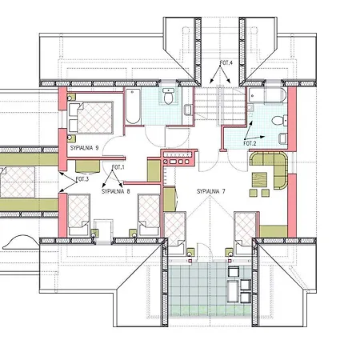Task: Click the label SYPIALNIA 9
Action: (84, 148)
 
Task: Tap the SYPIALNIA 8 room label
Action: (116, 191)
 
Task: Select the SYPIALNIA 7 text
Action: (211, 191)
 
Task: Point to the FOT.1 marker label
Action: (118, 167)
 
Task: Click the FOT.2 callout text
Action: (250, 143)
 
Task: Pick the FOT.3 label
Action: (82, 179)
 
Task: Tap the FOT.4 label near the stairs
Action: (226, 63)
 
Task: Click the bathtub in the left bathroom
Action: (133, 106)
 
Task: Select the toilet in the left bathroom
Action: (169, 96)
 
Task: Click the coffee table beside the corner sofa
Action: (259, 179)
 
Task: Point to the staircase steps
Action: (220, 105)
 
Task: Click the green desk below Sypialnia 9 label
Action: (88, 166)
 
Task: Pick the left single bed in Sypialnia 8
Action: (78, 215)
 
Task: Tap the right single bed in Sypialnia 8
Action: (149, 215)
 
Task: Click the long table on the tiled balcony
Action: (233, 291)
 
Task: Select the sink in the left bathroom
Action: (188, 110)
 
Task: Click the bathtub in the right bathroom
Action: (267, 96)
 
